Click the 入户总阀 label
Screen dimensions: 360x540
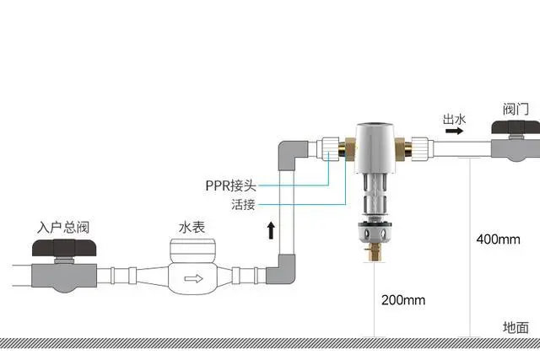[63, 228]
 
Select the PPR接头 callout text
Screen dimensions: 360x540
[230, 185]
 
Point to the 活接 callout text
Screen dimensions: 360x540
[242, 205]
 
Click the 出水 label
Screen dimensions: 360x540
[454, 120]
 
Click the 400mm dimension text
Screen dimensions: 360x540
[498, 239]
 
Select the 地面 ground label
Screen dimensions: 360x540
[516, 328]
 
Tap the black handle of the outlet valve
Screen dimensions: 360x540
[516, 129]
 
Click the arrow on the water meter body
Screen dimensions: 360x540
[193, 277]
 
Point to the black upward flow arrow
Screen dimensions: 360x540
[271, 230]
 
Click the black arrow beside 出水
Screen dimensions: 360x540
[453, 132]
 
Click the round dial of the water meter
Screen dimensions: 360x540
[190, 249]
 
